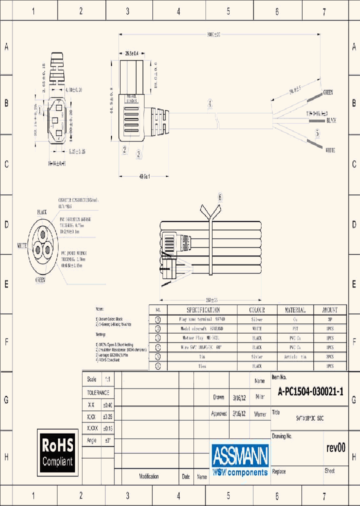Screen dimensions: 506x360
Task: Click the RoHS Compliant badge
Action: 57,452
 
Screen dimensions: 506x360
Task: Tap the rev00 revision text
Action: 335,447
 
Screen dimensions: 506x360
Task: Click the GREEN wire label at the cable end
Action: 328,92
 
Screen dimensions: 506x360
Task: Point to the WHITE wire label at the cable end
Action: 330,150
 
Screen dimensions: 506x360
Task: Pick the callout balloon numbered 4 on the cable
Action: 210,103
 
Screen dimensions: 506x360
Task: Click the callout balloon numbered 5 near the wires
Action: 317,133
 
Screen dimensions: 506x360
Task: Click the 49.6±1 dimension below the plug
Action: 144,176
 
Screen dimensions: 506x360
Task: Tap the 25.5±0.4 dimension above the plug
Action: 131,52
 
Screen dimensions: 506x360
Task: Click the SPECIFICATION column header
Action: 203,310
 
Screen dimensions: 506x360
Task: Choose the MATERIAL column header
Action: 295,310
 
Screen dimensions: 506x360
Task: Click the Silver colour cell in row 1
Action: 256,319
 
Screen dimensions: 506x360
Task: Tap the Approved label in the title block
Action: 218,414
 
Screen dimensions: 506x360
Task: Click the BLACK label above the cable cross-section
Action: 41,212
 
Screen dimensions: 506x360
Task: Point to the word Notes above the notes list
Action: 100,310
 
